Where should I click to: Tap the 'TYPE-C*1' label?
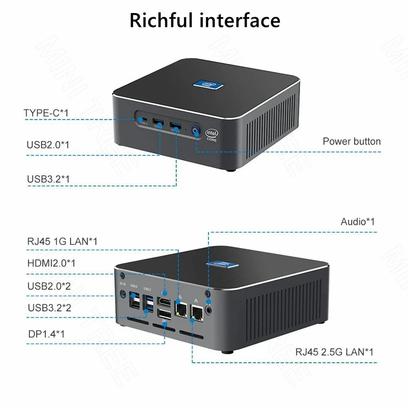[46, 112]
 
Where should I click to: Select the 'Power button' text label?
[351, 141]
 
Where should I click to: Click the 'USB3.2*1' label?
[48, 179]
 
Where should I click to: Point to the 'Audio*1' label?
[358, 222]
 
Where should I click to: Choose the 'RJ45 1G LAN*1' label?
[63, 242]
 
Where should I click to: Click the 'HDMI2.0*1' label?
[51, 263]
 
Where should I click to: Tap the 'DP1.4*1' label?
[46, 334]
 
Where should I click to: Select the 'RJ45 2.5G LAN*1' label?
[335, 351]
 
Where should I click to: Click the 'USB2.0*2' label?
[49, 286]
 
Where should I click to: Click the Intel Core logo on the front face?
[212, 134]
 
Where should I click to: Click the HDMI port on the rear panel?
[164, 301]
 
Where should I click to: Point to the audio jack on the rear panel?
[208, 310]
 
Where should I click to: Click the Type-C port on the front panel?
[143, 121]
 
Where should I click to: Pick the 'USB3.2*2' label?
[49, 308]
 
